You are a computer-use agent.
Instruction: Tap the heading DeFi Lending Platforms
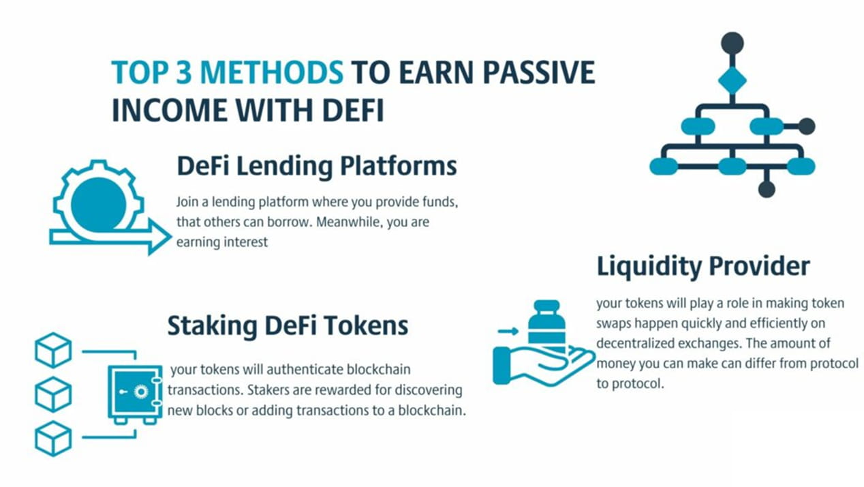tap(316, 166)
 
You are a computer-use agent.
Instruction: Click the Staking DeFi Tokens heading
tap(288, 325)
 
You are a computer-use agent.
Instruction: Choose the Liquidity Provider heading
tap(703, 266)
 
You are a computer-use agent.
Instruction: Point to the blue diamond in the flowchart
tap(732, 80)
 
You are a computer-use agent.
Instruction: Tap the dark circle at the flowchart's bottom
tap(767, 189)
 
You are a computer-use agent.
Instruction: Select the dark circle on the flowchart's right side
tap(806, 126)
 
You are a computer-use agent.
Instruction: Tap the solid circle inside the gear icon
tap(99, 204)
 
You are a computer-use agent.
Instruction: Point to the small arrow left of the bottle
tap(508, 331)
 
